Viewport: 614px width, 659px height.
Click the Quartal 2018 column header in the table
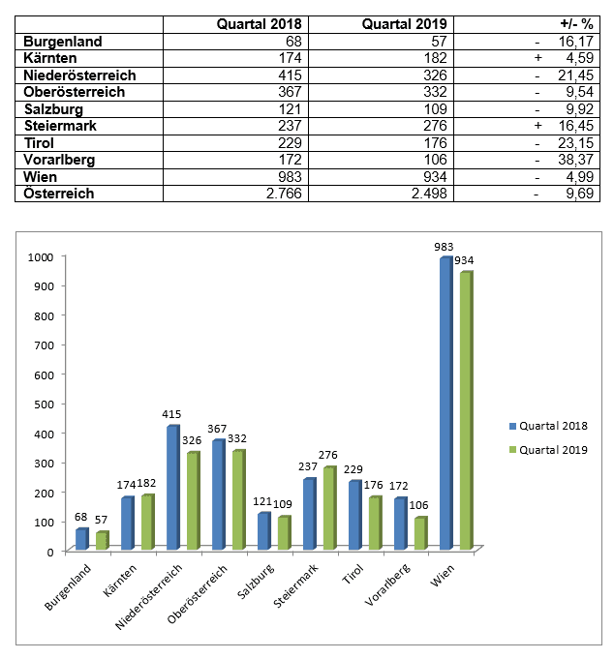click(x=259, y=24)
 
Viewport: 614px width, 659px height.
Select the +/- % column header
click(x=576, y=24)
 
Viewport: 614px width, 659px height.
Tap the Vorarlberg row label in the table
click(x=59, y=160)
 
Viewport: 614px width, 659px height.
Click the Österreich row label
click(x=59, y=194)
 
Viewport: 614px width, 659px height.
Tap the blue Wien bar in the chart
click(x=446, y=404)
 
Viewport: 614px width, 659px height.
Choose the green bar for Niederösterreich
click(x=194, y=500)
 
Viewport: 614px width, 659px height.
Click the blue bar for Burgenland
click(x=82, y=539)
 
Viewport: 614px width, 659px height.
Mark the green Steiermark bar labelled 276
click(x=329, y=508)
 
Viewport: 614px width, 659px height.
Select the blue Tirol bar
click(x=355, y=515)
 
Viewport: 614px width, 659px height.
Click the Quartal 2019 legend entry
click(x=548, y=450)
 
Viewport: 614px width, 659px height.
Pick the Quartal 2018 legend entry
click(x=548, y=426)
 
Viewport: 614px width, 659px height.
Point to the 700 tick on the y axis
click(x=44, y=345)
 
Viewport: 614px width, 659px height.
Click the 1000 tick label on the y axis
click(x=41, y=256)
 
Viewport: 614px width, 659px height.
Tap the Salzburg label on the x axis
click(x=257, y=583)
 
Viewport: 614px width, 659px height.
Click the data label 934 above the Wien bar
click(x=464, y=260)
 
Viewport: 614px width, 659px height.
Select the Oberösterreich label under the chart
click(x=198, y=594)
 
